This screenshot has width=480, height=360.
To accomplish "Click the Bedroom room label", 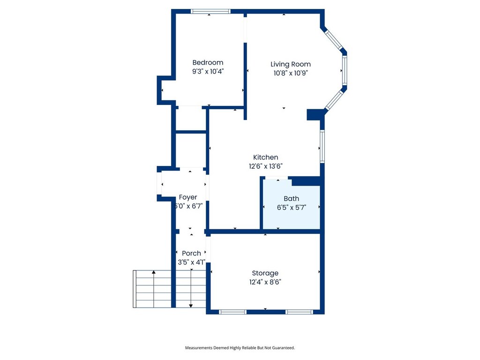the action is [208, 62].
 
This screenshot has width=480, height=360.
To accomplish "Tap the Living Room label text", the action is [291, 64].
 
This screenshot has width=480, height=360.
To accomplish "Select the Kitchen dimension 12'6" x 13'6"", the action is [265, 166].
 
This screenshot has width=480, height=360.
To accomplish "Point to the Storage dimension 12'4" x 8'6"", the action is [265, 282].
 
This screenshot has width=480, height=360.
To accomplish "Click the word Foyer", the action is [188, 197].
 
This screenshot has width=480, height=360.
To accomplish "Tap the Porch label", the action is [191, 253].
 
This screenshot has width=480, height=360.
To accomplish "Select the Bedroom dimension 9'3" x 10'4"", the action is [208, 71].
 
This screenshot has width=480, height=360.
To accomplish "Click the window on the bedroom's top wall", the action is [210, 11].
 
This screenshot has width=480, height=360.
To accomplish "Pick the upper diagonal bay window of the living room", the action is [333, 38].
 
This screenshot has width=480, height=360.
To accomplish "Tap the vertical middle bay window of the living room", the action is [345, 70].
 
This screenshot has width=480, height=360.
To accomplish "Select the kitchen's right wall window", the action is [322, 146].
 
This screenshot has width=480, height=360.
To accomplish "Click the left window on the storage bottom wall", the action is [232, 312].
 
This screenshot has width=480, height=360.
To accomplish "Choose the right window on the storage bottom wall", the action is [300, 312].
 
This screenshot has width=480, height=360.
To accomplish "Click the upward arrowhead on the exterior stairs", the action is [154, 272].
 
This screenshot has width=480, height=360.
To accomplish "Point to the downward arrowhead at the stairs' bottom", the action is [191, 306].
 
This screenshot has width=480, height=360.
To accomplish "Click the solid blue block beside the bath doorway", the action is [306, 181].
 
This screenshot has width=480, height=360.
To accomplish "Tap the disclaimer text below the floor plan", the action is [240, 348].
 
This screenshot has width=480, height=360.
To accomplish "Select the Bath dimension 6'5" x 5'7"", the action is [292, 208].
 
